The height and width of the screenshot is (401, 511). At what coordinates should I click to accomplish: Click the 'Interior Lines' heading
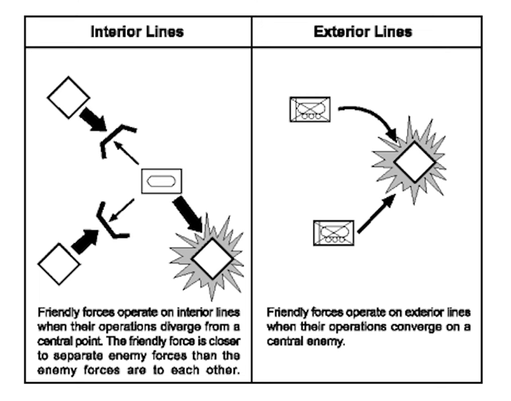137,32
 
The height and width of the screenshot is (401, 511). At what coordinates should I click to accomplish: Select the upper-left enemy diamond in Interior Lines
68,96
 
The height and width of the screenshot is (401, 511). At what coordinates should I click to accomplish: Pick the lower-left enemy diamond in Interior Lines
59,263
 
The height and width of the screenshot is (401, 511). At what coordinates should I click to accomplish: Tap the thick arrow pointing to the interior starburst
188,214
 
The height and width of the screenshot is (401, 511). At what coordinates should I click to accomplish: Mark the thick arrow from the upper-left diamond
93,121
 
